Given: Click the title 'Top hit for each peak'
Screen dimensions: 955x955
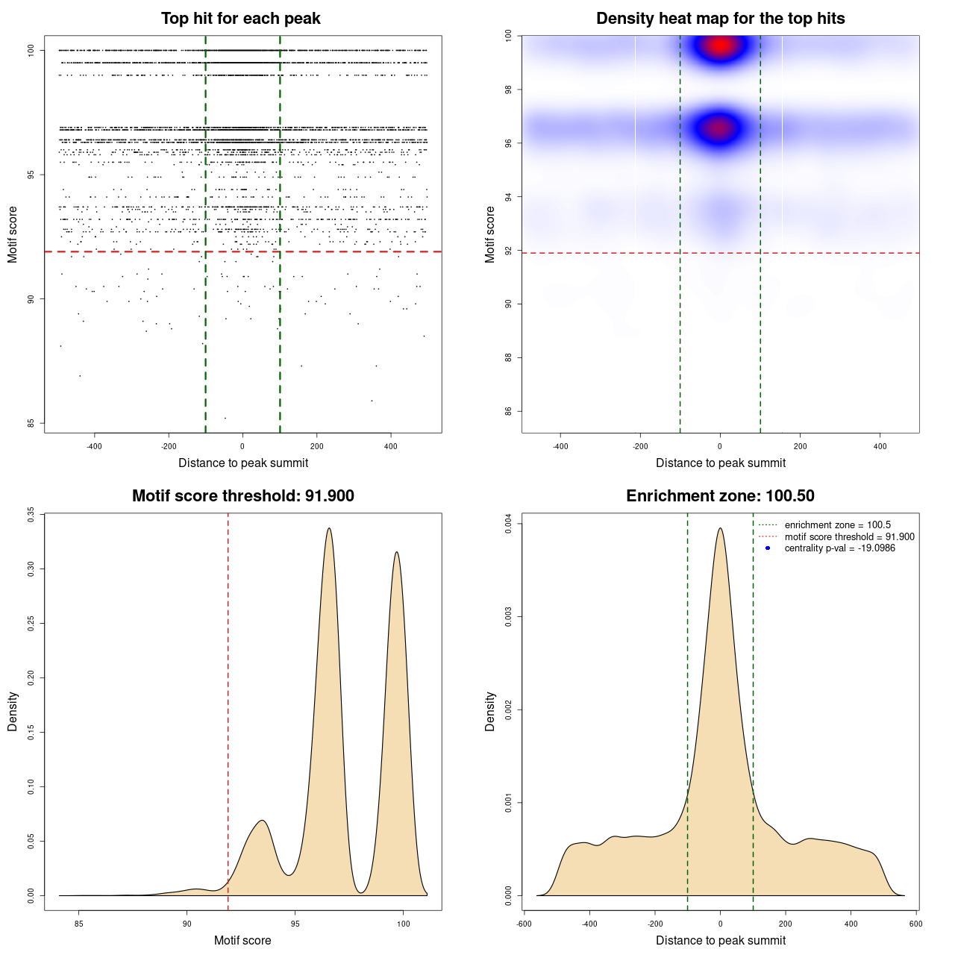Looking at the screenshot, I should [x=240, y=19].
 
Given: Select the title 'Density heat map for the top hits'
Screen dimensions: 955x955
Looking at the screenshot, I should [x=720, y=19].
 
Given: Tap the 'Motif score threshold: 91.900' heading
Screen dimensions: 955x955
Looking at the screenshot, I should [x=242, y=496].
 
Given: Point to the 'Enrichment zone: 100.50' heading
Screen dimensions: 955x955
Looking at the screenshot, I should [x=720, y=496].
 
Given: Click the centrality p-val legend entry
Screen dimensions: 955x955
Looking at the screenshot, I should [x=839, y=548].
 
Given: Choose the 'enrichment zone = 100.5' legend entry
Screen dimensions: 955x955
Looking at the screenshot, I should [x=837, y=525].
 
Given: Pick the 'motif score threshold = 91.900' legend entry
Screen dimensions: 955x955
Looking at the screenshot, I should [x=849, y=537].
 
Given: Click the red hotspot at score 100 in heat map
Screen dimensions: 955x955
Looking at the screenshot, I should [x=720, y=46].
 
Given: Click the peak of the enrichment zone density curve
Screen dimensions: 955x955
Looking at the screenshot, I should [x=720, y=528].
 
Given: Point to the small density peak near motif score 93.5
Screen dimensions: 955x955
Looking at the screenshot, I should [x=262, y=821].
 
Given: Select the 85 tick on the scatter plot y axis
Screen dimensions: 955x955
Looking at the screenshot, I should [x=31, y=423].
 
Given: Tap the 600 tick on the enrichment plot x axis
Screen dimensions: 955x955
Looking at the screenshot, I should [x=916, y=924].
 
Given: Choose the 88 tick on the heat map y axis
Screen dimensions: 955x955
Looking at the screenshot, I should [x=508, y=358].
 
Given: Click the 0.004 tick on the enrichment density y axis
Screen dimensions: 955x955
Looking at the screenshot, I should [x=508, y=524].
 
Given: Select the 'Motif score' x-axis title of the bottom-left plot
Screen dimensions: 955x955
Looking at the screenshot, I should [x=242, y=940].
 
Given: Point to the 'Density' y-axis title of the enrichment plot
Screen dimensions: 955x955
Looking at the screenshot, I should [x=490, y=711].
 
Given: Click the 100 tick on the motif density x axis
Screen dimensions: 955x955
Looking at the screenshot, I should [x=404, y=924].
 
